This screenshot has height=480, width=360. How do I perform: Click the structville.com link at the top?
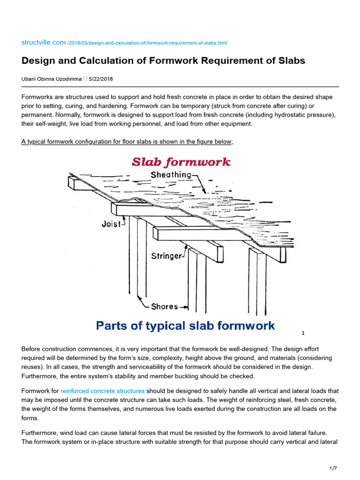pyautogui.click(x=44, y=42)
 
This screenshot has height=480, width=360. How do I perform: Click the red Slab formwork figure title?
pyautogui.click(x=181, y=163)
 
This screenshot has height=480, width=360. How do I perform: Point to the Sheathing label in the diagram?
pyautogui.click(x=171, y=175)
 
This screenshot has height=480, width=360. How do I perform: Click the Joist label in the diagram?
pyautogui.click(x=111, y=224)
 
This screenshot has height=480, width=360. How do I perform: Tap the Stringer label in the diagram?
pyautogui.click(x=166, y=256)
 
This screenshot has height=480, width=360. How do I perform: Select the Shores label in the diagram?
pyautogui.click(x=164, y=307)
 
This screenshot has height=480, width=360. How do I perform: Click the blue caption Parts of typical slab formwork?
pyautogui.click(x=185, y=326)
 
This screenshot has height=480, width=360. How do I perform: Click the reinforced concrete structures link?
pyautogui.click(x=103, y=390)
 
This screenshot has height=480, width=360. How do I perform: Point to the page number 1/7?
pyautogui.click(x=333, y=468)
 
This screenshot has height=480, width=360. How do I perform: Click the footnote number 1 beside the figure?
pyautogui.click(x=303, y=333)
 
